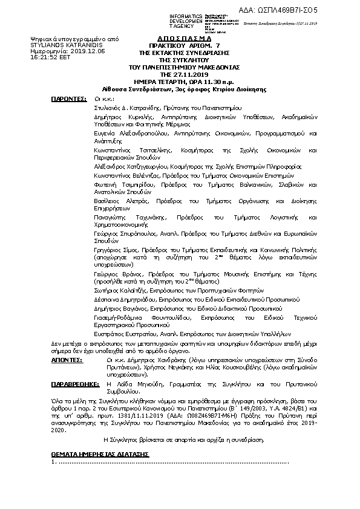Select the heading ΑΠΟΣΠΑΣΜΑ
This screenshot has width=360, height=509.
(180, 38)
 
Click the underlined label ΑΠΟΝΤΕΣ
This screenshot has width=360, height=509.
(67, 359)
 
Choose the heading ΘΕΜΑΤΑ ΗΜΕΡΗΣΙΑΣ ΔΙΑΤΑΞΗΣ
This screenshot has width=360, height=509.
(100, 453)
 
